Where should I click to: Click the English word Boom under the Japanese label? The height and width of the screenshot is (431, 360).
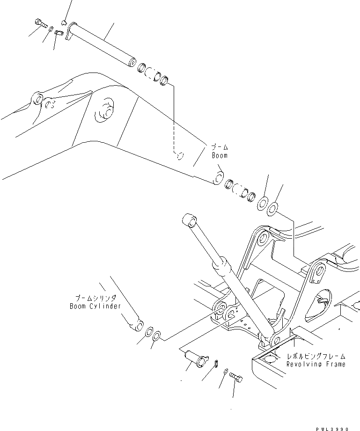219,155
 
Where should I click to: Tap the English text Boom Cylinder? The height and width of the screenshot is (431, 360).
93,306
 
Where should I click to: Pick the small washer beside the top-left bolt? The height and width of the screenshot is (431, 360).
50,29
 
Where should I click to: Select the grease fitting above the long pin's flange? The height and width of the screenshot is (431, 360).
64,22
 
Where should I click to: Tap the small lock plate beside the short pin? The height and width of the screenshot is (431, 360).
216,363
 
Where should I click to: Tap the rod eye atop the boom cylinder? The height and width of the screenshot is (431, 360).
190,220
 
